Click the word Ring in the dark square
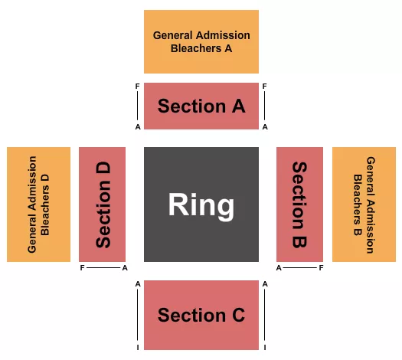[201, 205]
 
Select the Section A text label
[201, 106]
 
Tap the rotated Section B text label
[299, 205]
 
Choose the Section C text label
[201, 315]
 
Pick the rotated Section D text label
[103, 205]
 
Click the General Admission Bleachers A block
[201, 41]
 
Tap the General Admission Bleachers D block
[38, 205]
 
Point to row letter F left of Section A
[137, 87]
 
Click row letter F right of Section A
[264, 87]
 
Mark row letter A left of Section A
[137, 127]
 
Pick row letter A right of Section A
[264, 127]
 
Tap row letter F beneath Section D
[82, 268]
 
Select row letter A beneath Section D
[124, 268]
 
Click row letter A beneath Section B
[279, 268]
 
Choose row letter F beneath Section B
[321, 268]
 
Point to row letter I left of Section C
[138, 347]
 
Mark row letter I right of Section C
[265, 347]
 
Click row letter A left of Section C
[138, 283]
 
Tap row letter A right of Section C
[265, 283]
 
